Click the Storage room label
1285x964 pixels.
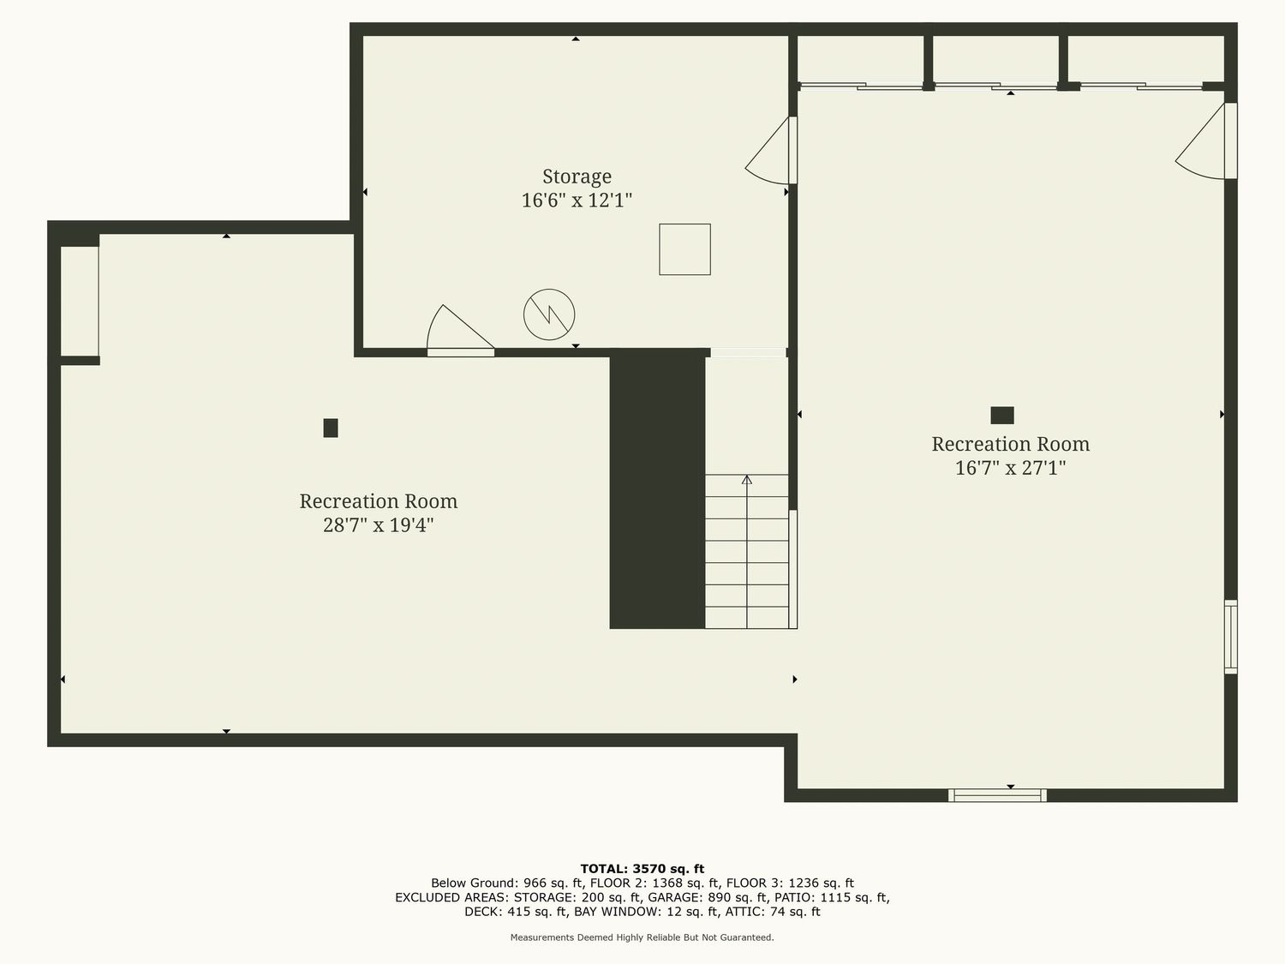click(577, 177)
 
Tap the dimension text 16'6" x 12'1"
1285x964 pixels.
click(577, 201)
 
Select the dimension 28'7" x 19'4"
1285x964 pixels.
click(378, 524)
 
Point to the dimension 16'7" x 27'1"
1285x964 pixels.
click(1010, 468)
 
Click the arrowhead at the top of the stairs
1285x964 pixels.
click(747, 479)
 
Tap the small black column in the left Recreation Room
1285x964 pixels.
click(331, 428)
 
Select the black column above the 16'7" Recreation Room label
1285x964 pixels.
click(1002, 416)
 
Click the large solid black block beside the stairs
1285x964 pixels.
click(657, 490)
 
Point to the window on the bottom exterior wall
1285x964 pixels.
click(997, 795)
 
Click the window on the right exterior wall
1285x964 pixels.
click(1231, 637)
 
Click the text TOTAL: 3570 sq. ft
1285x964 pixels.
click(642, 869)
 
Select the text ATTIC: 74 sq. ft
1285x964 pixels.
click(773, 912)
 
